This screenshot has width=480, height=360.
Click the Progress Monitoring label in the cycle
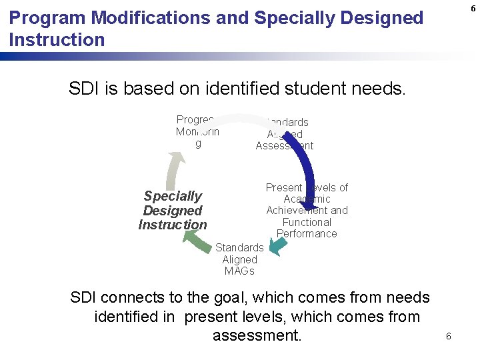197,131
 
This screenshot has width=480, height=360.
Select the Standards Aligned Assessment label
285,134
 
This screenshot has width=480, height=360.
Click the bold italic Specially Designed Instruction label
173,210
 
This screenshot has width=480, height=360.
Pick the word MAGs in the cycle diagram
239,271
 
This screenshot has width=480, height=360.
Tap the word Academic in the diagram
307,199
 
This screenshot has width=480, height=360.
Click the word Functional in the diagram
307,222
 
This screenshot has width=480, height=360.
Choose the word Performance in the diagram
307,233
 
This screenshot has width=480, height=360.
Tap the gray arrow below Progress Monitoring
173,170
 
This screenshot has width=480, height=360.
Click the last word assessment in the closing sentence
257,335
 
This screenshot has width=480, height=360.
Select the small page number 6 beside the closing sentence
448,336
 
